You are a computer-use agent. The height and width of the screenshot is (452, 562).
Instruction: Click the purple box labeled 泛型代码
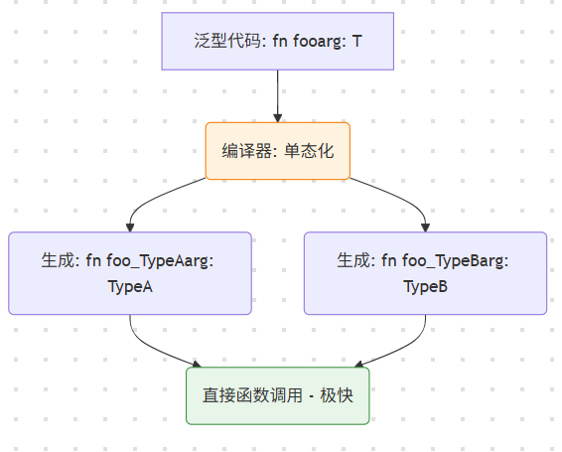pyautogui.click(x=278, y=41)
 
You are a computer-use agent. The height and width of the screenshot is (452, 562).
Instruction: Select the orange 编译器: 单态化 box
pyautogui.click(x=278, y=151)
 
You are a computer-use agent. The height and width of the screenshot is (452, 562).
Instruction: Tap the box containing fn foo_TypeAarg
pyautogui.click(x=130, y=273)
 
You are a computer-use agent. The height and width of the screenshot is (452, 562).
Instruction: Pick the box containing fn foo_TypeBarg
pyautogui.click(x=425, y=273)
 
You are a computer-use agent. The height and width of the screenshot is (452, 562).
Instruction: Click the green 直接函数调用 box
pyautogui.click(x=278, y=395)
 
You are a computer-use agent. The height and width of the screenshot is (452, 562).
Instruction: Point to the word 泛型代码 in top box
pyautogui.click(x=224, y=42)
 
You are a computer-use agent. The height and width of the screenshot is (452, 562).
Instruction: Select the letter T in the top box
pyautogui.click(x=356, y=42)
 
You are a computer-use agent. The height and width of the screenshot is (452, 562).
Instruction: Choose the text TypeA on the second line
pyautogui.click(x=130, y=286)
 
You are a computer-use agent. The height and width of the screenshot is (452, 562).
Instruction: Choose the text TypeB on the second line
pyautogui.click(x=425, y=286)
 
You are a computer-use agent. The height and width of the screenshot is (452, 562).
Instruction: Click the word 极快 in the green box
pyautogui.click(x=338, y=395)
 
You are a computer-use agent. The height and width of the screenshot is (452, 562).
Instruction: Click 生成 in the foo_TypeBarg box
pyautogui.click(x=352, y=260)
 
